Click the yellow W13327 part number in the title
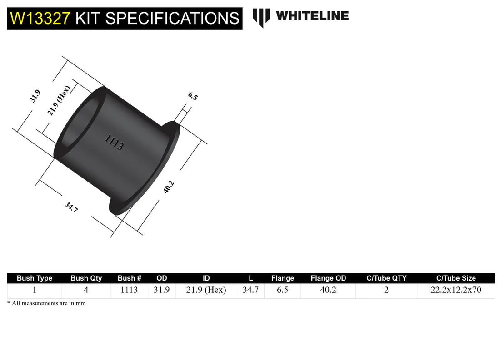(x=40, y=18)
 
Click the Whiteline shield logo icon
(x=261, y=17)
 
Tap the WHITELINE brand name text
(x=312, y=16)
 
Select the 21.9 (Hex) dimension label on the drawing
(x=60, y=100)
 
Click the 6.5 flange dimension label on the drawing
(x=193, y=96)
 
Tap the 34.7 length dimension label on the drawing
(x=71, y=207)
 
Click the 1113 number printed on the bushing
(x=114, y=142)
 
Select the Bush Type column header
(x=35, y=278)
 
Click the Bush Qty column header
(x=86, y=278)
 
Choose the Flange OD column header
(x=328, y=278)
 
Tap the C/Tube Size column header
(x=455, y=278)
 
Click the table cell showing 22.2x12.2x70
(x=455, y=290)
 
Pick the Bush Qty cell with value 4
(x=86, y=290)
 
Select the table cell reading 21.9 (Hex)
(x=206, y=290)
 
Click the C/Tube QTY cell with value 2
(x=386, y=290)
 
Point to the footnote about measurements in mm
(x=46, y=303)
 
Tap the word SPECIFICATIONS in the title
(x=157, y=18)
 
